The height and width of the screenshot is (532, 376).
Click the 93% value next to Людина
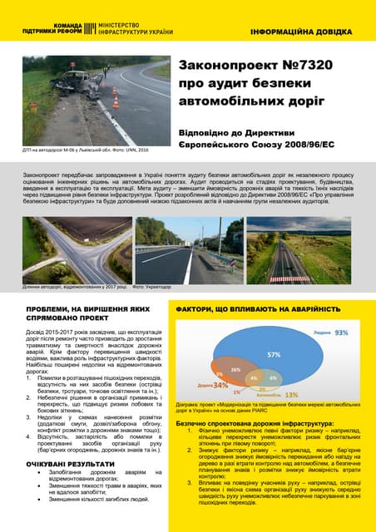341,332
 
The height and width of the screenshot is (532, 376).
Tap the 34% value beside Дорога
220,386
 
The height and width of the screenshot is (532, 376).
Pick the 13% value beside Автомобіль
291,394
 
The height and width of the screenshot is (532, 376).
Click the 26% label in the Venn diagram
236,369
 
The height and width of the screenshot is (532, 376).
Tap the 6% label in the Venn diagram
273,378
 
